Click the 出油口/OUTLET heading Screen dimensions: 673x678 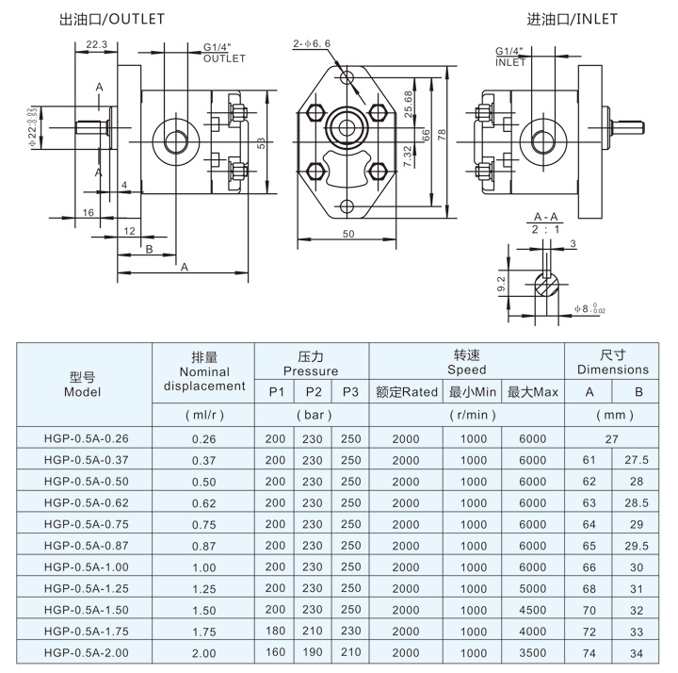(111, 19)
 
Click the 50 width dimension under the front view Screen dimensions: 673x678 (349, 234)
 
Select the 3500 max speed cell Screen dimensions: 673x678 (532, 652)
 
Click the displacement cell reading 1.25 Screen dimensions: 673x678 (203, 588)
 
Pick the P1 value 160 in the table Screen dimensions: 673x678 (275, 652)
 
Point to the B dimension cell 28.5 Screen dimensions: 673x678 (638, 502)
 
